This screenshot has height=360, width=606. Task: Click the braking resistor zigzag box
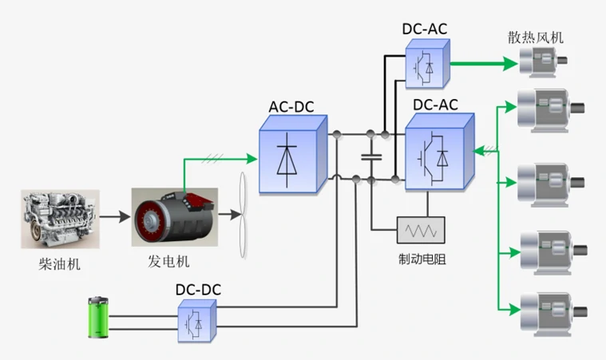coord(422,230)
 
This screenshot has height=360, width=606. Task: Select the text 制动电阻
coord(422,259)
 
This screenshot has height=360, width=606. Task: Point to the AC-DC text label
coord(293,106)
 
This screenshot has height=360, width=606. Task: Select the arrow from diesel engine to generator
coord(114,216)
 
